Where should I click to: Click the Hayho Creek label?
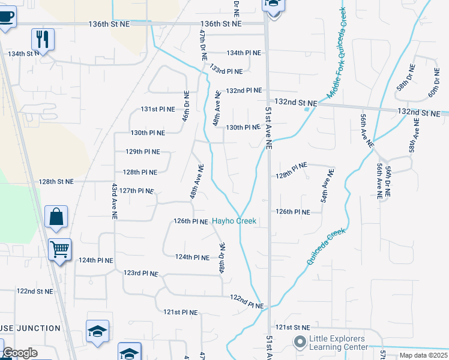pyautogui.click(x=234, y=221)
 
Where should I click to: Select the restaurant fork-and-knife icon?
pyautogui.click(x=43, y=40)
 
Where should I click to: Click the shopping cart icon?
pyautogui.click(x=59, y=249)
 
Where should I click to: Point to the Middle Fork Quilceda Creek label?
pyautogui.click(x=337, y=53)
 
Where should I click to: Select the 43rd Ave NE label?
pyautogui.click(x=114, y=200)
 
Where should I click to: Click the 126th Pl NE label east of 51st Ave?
pyautogui.click(x=293, y=212)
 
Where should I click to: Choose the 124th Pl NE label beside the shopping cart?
pyautogui.click(x=95, y=260)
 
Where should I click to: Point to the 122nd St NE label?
pyautogui.click(x=35, y=291)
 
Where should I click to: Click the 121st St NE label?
pyautogui.click(x=293, y=328)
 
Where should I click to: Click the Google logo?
pyautogui.click(x=20, y=353)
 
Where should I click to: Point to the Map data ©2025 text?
pyautogui.click(x=424, y=355)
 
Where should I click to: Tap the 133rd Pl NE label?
pyautogui.click(x=226, y=71)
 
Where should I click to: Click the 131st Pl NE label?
pyautogui.click(x=158, y=109)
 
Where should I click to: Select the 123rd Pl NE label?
pyautogui.click(x=140, y=273)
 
